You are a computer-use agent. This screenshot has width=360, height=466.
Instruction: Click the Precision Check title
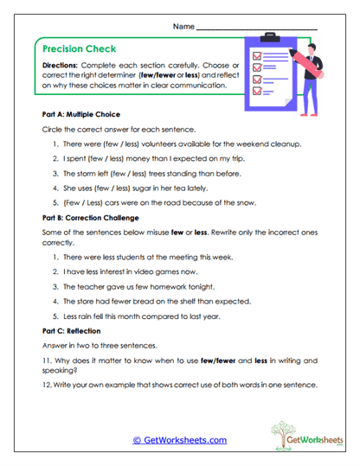(79, 49)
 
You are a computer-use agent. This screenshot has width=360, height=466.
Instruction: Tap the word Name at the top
(183, 27)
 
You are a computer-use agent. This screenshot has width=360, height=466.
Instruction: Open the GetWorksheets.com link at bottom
(180, 440)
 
